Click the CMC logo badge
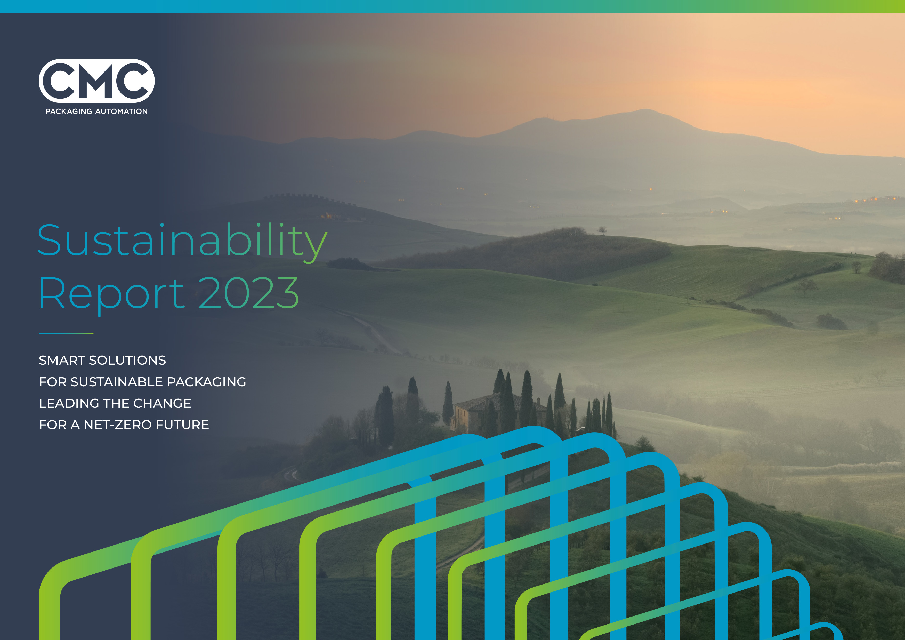tap(96, 81)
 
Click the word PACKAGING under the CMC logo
tap(69, 111)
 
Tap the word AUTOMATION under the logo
tap(122, 111)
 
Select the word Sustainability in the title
tap(182, 241)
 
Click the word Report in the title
tap(111, 294)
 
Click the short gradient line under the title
tap(66, 333)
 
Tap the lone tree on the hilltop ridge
tap(602, 230)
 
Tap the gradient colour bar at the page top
tap(453, 6)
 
